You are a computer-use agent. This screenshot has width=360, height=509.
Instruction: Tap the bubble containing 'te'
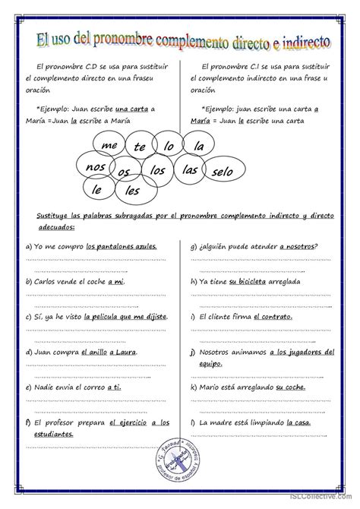coord(140,147)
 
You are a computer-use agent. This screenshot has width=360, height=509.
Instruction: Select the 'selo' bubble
coord(223,172)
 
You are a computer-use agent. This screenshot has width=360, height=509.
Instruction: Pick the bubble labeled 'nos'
coord(96,167)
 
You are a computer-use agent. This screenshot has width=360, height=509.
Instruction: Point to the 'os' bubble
coord(124,172)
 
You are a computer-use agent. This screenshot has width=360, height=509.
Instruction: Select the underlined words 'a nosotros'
coord(298,246)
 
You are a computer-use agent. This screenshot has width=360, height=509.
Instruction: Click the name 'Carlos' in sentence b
coord(46,281)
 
